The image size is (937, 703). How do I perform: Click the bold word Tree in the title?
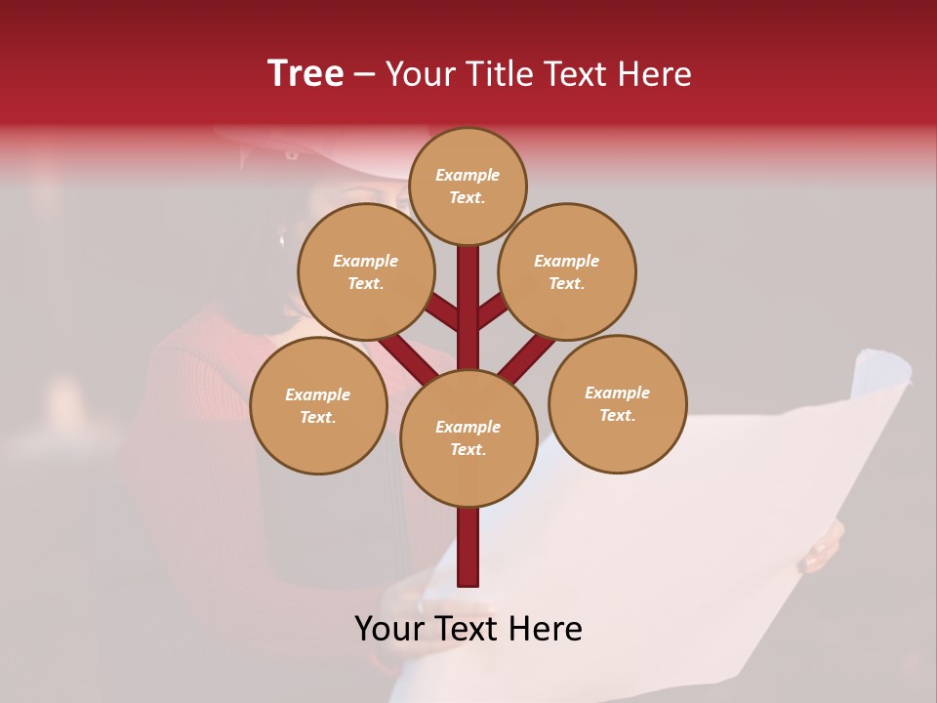click(x=306, y=73)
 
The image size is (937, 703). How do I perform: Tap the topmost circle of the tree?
click(x=468, y=186)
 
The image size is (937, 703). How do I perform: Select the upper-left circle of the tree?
click(x=365, y=271)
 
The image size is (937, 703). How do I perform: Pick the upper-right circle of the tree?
click(x=567, y=271)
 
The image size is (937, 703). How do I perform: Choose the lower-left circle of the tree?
click(x=318, y=405)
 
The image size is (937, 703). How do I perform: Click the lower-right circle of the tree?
click(x=617, y=403)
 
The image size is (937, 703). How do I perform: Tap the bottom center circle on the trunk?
click(x=468, y=438)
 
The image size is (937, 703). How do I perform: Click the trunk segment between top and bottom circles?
click(x=468, y=312)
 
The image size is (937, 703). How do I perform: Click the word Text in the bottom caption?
click(x=469, y=629)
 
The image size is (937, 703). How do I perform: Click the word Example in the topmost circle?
click(x=468, y=175)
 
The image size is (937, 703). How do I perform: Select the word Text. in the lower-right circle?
click(x=617, y=415)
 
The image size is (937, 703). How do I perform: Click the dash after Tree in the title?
click(x=364, y=74)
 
